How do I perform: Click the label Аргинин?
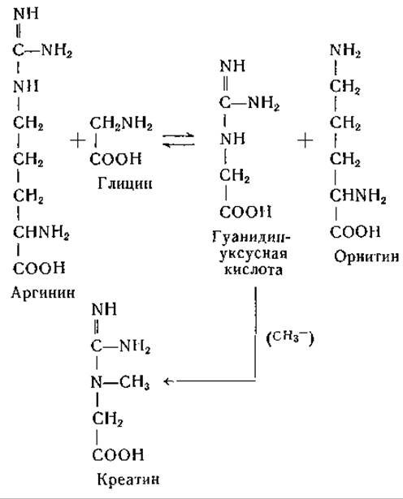(x=43, y=292)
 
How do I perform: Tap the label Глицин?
(x=125, y=183)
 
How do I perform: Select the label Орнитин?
(x=366, y=256)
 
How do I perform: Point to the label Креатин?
(x=128, y=480)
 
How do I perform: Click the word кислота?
(x=253, y=270)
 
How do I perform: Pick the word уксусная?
(x=253, y=254)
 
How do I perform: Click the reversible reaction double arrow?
(x=179, y=140)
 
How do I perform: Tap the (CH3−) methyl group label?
(x=289, y=338)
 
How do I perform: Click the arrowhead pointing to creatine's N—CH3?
(x=167, y=381)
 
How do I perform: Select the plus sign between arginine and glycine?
(x=78, y=140)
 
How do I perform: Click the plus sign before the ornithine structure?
(x=305, y=140)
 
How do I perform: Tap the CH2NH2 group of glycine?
(x=121, y=123)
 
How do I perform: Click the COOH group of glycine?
(x=115, y=159)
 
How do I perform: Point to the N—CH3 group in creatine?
(x=120, y=382)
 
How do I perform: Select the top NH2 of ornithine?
(x=345, y=50)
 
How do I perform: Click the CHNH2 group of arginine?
(x=41, y=232)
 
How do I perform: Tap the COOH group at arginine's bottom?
(x=39, y=269)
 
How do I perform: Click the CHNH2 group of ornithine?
(x=357, y=196)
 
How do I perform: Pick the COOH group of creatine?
(x=118, y=454)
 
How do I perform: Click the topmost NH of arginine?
(x=26, y=14)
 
